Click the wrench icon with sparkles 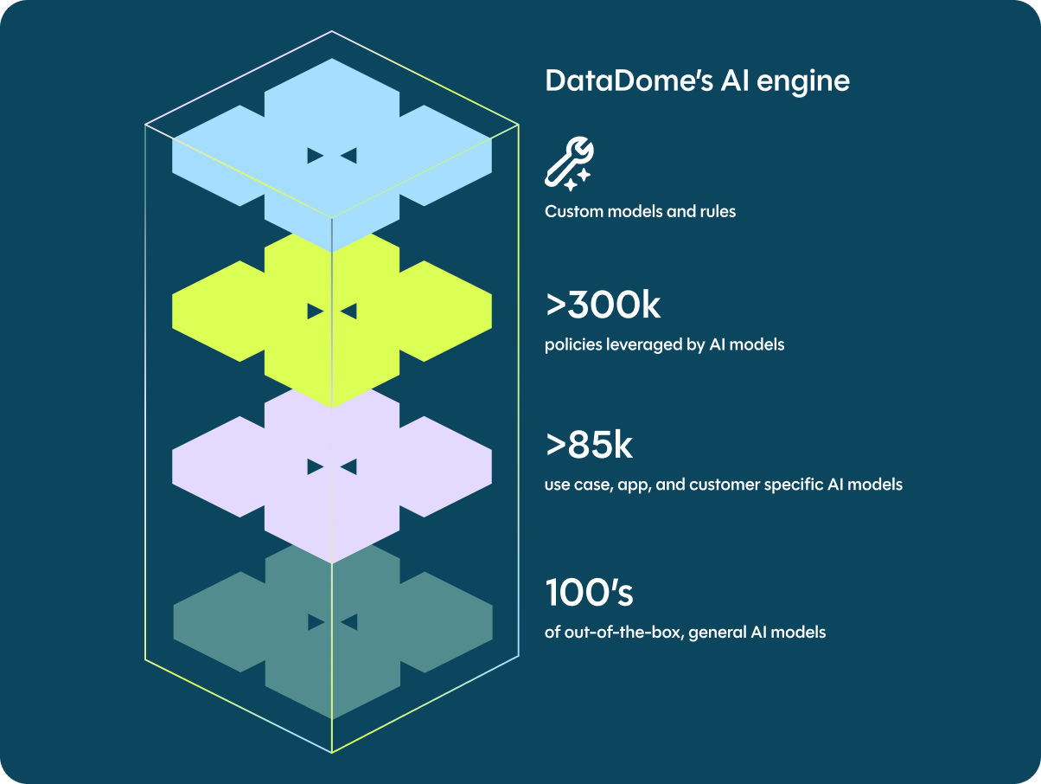pos(569,164)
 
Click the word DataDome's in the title pos(629,80)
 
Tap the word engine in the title pos(803,81)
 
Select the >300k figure pos(603,305)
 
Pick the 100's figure pos(589,592)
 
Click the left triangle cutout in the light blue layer pos(316,156)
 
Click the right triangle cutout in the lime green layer pos(348,312)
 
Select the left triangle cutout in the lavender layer pos(316,467)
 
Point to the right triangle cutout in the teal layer pos(349,622)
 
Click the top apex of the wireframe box pos(331,31)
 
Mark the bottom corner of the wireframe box pos(331,753)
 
